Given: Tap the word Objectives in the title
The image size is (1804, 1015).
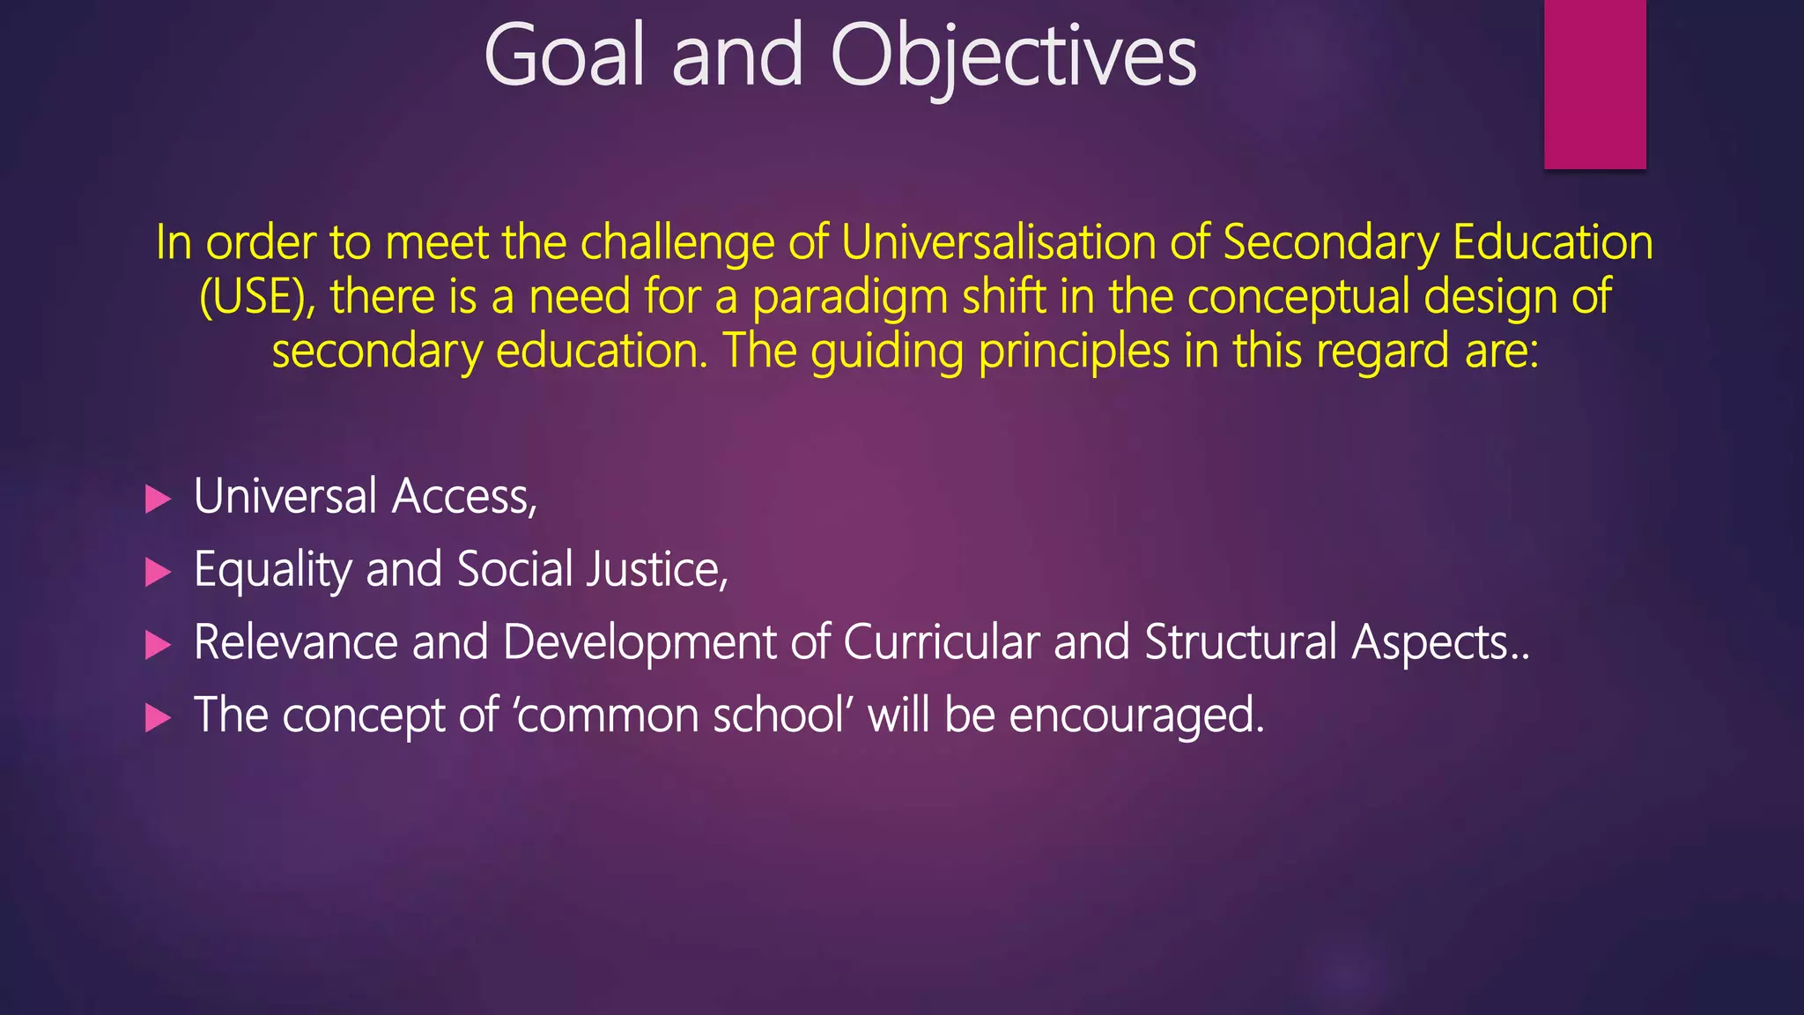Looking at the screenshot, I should coord(1013,57).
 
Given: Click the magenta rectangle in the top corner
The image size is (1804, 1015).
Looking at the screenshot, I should coord(1594,84).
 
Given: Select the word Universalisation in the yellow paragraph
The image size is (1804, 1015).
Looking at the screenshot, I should coord(998,242).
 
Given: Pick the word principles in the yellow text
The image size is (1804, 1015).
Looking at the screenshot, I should coord(1074,352).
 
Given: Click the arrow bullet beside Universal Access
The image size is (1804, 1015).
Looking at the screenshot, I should coord(158,500).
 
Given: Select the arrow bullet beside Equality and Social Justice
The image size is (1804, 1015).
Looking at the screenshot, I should coord(158,572).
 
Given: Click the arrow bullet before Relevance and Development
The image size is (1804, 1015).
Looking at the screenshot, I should coord(158,645).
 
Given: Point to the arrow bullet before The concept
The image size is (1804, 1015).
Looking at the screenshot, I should coord(158,717).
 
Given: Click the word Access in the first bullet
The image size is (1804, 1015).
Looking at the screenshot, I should coord(463,497).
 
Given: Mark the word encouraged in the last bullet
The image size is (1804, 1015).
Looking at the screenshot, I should coord(1135,715).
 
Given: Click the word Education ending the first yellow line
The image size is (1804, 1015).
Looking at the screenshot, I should coord(1553,242).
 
